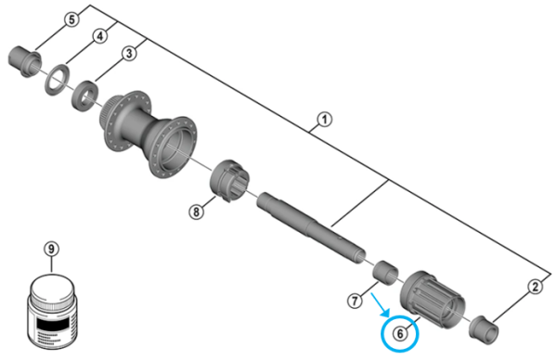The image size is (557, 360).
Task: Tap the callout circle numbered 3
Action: tap(130, 55)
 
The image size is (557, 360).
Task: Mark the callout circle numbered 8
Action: tap(196, 212)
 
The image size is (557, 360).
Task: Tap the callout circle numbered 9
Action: tap(51, 249)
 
